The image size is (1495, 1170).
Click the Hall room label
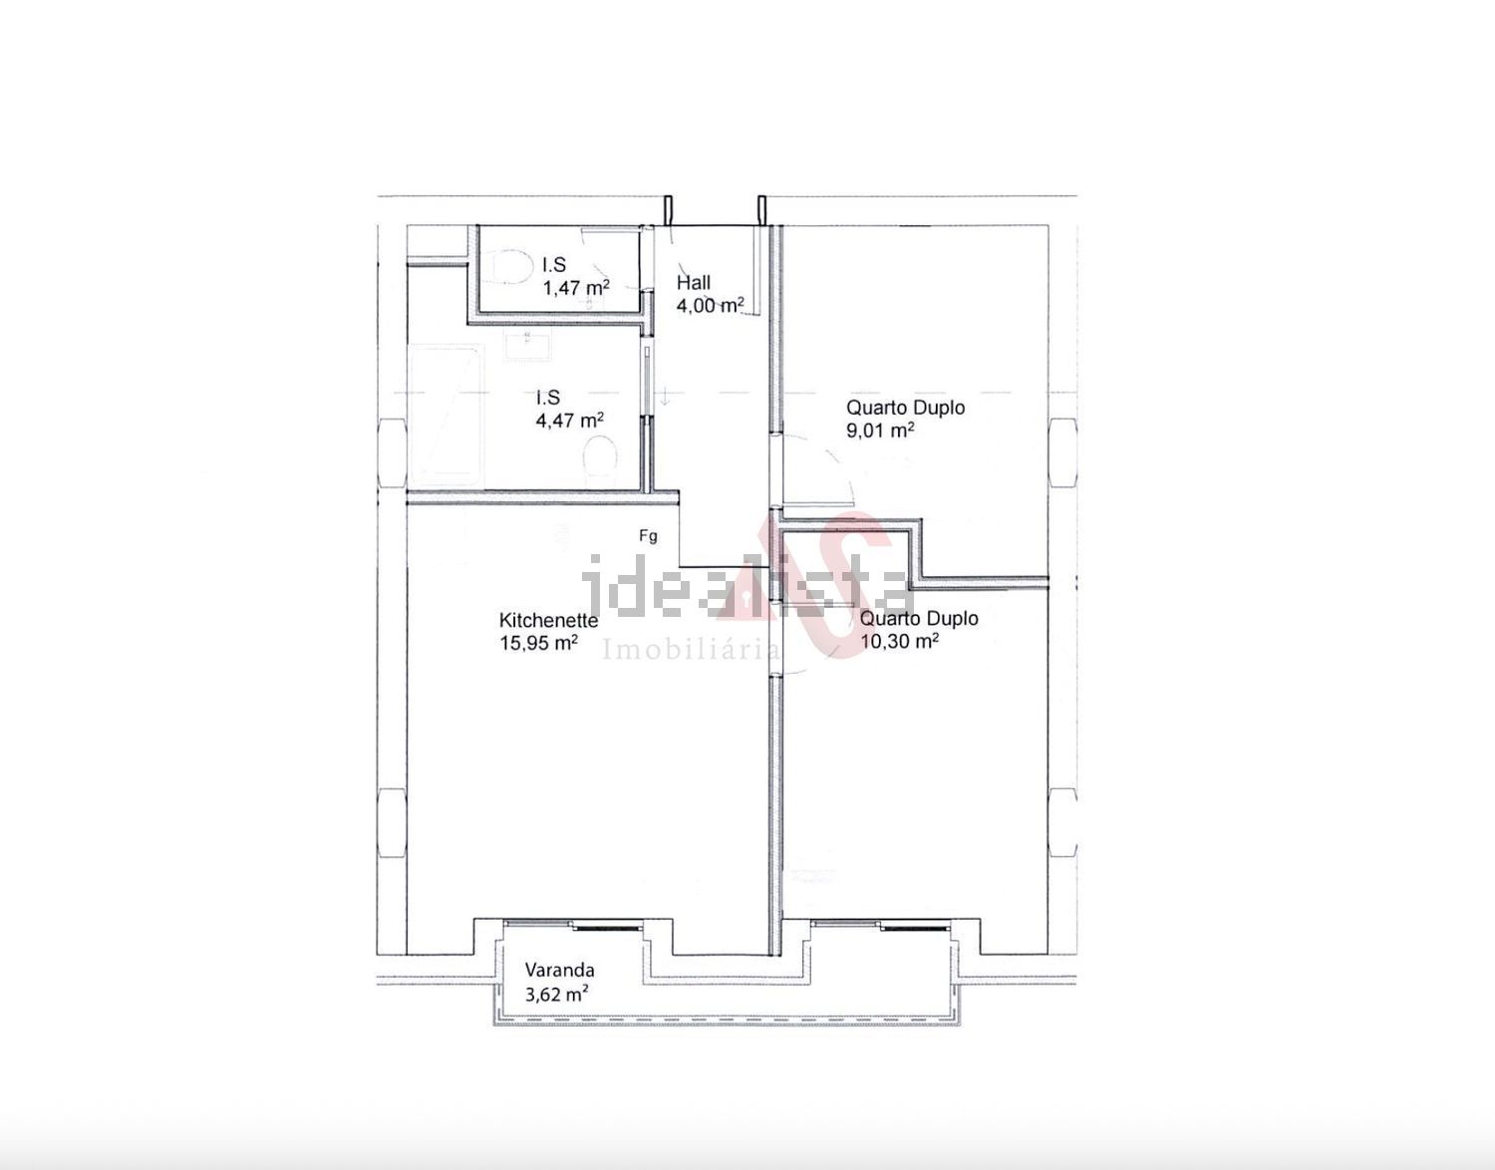693,282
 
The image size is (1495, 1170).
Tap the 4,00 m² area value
710,305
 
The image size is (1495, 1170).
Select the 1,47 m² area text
576,287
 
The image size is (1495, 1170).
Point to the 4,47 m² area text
570,420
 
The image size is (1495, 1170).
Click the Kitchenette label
548,621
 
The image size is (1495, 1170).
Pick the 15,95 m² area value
538,643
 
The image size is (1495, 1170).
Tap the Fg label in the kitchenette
648,536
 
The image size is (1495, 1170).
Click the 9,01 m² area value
881,431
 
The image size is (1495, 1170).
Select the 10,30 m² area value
900,641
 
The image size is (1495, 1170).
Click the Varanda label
559,971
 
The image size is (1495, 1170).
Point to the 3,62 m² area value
556,994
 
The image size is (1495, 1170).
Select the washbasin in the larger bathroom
527,342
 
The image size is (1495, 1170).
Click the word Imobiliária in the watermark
692,650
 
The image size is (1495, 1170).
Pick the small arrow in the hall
665,397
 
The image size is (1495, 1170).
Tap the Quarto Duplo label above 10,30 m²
919,618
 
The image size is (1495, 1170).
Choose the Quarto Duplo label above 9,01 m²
905,408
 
